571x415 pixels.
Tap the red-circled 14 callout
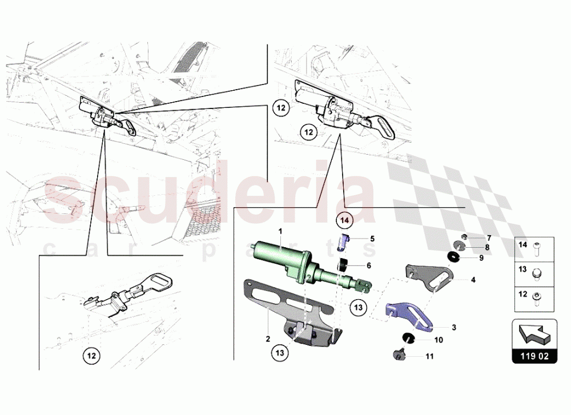pos(344,219)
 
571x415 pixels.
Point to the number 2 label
pos(267,339)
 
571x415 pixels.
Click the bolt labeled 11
pos(398,355)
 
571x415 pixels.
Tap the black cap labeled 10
pos(409,339)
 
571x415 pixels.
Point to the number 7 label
pos(489,237)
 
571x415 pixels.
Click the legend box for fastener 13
pos(534,274)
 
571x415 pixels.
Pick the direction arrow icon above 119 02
pos(534,335)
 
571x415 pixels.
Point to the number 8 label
pos(487,247)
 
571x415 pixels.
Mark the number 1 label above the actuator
pos(281,230)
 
